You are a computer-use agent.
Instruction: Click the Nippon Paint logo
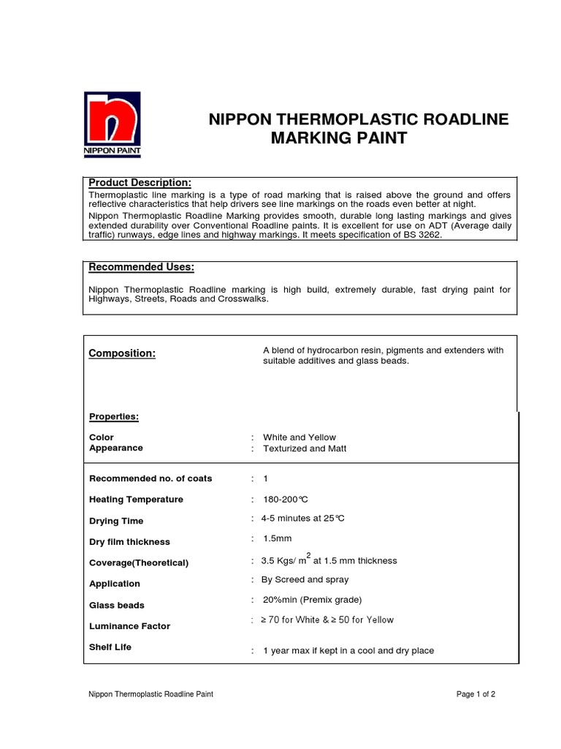(112, 124)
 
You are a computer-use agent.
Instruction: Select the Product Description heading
(140, 182)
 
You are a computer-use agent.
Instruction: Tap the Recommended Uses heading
(141, 268)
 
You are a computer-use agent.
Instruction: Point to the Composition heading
(122, 354)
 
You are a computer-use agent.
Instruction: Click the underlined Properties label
(113, 417)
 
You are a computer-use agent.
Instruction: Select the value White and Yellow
(299, 437)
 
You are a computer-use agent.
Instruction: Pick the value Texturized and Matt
(305, 448)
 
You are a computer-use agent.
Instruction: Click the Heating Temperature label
(136, 500)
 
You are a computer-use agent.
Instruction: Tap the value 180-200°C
(286, 500)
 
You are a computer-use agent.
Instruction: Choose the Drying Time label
(116, 522)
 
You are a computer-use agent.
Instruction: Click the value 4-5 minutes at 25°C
(302, 519)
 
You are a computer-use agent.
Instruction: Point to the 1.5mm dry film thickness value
(277, 539)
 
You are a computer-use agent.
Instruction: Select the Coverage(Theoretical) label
(139, 563)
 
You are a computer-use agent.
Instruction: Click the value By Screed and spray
(305, 580)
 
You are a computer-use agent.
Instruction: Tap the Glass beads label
(117, 606)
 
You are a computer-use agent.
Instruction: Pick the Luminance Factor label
(129, 627)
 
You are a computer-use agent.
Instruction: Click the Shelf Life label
(110, 647)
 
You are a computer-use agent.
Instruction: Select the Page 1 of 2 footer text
(476, 694)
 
